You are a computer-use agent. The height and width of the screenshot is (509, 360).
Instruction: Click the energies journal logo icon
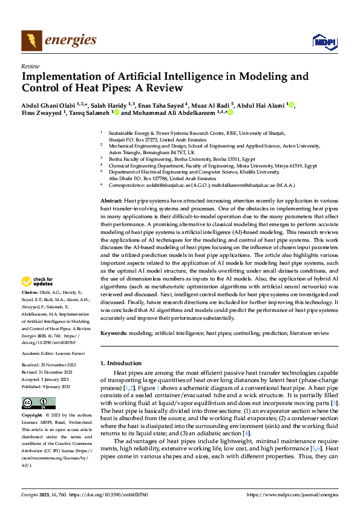point(30,41)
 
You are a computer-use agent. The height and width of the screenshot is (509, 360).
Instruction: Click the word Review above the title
point(30,66)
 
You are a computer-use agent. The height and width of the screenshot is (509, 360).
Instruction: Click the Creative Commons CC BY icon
point(38,403)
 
